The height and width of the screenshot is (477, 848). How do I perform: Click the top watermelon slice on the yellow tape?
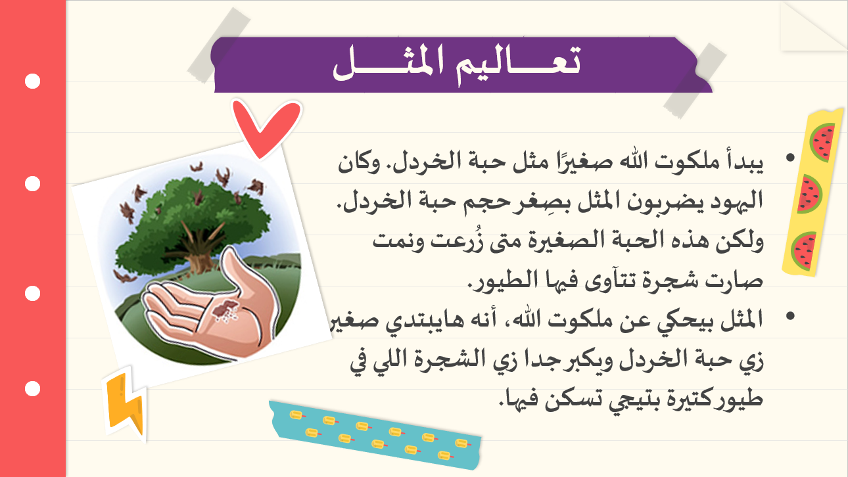tap(823, 142)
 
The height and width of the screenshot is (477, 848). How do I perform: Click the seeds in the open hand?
tap(225, 311)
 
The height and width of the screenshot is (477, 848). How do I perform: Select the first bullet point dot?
tap(790, 158)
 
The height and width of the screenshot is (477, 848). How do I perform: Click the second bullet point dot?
tap(790, 316)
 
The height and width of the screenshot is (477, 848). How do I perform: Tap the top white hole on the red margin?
tap(33, 81)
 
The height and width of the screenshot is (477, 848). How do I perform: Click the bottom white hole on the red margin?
tap(33, 389)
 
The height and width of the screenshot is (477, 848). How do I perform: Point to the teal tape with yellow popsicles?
tap(375, 434)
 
